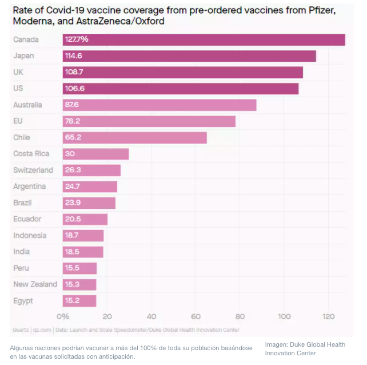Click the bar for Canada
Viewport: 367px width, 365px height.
(x=204, y=39)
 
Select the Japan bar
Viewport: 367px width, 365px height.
(x=189, y=56)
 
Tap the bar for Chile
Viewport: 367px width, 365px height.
(x=134, y=138)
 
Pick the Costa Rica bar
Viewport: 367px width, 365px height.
(x=95, y=154)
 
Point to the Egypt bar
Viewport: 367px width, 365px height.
(x=79, y=301)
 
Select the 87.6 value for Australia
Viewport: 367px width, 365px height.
(x=72, y=105)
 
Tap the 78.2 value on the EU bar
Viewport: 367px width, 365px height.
(x=72, y=121)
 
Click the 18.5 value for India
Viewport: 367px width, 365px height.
(x=72, y=252)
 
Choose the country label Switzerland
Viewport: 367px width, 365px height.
(x=33, y=170)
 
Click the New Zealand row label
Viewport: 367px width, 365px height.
(x=35, y=284)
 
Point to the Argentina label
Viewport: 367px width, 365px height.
(x=29, y=187)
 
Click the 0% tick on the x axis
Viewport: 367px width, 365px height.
(x=63, y=316)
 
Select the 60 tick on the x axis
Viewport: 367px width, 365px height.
(x=196, y=316)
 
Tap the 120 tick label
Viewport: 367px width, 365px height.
(x=328, y=316)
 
